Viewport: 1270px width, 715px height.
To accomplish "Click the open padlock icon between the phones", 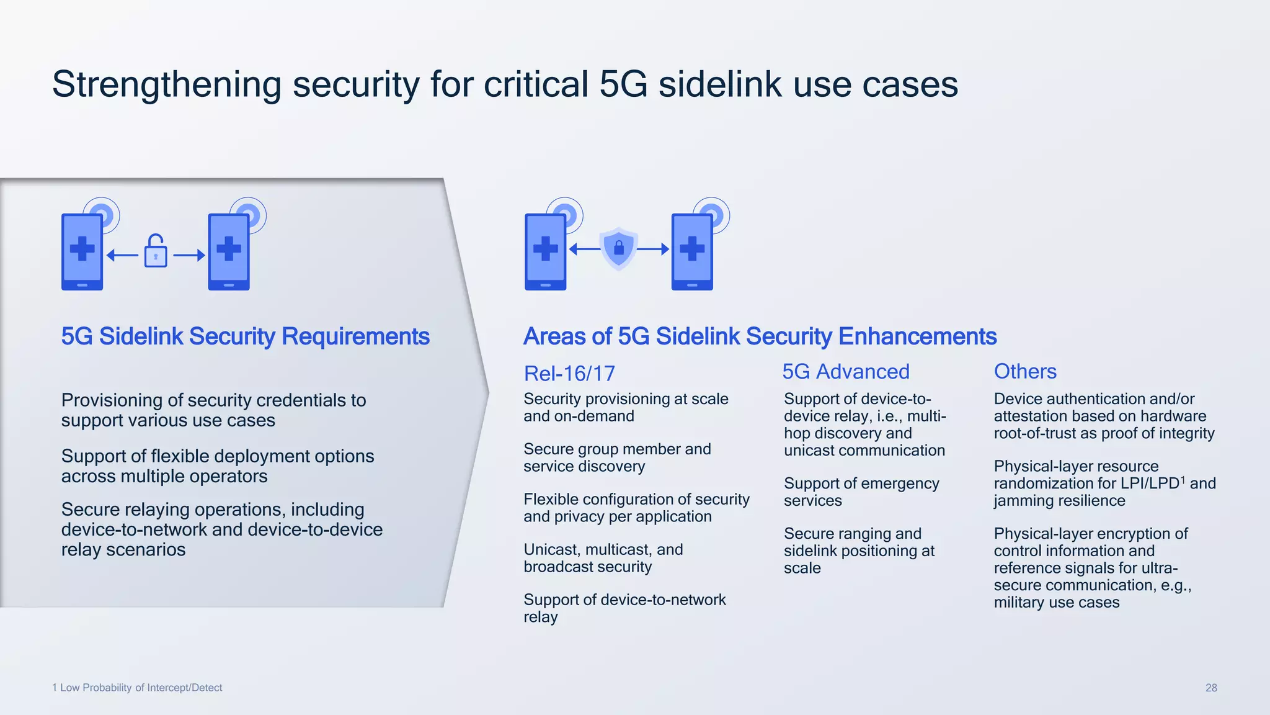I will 156,251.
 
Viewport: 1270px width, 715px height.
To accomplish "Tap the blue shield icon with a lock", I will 618,248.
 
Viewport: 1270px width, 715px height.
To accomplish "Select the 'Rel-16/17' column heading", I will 569,374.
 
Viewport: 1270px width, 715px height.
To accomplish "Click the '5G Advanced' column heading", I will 845,372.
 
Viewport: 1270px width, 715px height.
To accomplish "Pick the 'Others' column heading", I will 1025,371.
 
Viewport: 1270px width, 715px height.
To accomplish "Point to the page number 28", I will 1210,688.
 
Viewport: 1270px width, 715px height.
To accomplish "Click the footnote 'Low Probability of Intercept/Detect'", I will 141,688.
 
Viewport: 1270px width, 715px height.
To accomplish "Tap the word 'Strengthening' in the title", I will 167,84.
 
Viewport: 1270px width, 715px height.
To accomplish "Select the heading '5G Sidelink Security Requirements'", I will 245,336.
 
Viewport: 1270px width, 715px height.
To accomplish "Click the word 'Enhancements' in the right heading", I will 917,336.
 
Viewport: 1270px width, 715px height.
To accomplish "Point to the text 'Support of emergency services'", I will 861,492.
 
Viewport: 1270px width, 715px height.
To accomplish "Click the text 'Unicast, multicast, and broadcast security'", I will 603,558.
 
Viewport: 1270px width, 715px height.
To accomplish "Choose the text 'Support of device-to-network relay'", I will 624,608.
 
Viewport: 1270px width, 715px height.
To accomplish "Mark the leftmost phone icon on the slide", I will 82,251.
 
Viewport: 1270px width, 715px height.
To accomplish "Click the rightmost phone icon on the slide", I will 692,251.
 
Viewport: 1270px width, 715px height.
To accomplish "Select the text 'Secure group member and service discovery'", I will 616,457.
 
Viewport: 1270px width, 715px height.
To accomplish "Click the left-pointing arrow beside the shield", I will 585,250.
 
